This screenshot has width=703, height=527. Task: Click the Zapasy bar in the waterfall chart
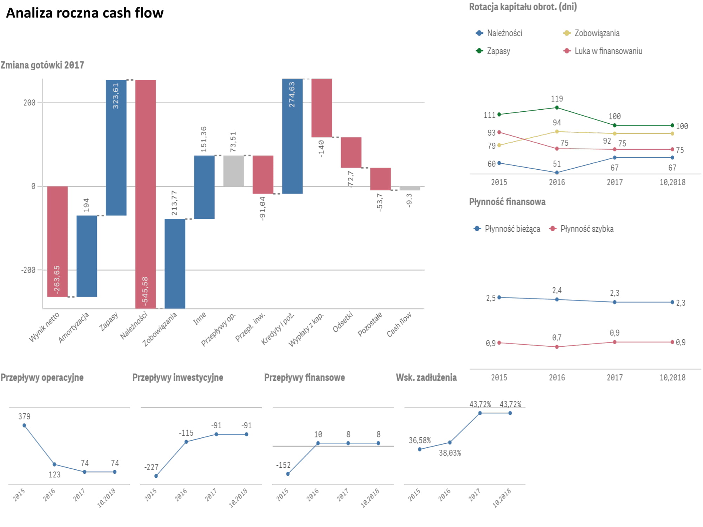coord(116,148)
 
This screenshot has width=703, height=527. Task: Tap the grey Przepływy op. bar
coord(233,171)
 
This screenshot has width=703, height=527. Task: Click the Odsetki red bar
coord(351,152)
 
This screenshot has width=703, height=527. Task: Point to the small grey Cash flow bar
coord(409,188)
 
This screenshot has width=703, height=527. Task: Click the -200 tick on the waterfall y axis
coord(28,270)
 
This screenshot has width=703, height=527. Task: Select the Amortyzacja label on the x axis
coord(74,327)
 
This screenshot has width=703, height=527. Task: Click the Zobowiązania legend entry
coord(596,33)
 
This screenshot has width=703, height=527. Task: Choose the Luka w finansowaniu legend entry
coord(608,51)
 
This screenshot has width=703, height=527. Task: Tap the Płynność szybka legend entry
coord(586,229)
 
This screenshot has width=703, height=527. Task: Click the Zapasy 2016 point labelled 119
coord(557,108)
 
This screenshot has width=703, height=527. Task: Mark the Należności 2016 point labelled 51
coord(557,173)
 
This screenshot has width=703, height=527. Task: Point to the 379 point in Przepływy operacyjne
coord(24,425)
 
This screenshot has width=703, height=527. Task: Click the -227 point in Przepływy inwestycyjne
coord(156,476)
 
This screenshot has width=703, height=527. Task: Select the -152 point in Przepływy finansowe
coord(288,474)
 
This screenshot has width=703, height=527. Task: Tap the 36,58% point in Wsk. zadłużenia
coord(420,449)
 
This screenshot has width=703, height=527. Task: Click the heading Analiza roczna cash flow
coord(85,13)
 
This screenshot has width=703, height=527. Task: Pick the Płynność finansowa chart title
coord(507,202)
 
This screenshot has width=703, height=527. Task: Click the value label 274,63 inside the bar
coord(292,95)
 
